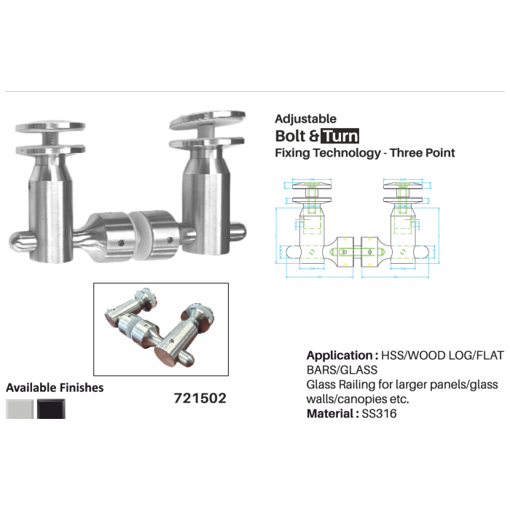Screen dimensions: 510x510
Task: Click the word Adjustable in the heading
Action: [305, 119]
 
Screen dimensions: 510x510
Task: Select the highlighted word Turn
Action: [341, 136]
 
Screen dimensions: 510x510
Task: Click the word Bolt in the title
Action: [290, 136]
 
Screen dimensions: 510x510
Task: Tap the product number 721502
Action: [200, 399]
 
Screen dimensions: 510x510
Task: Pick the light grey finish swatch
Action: [20, 409]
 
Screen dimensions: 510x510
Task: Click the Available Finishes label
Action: [55, 388]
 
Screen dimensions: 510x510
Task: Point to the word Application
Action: [340, 356]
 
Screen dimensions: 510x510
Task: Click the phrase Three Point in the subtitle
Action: [423, 153]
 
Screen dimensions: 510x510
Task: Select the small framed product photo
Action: [161, 329]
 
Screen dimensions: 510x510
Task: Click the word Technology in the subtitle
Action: [347, 153]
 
